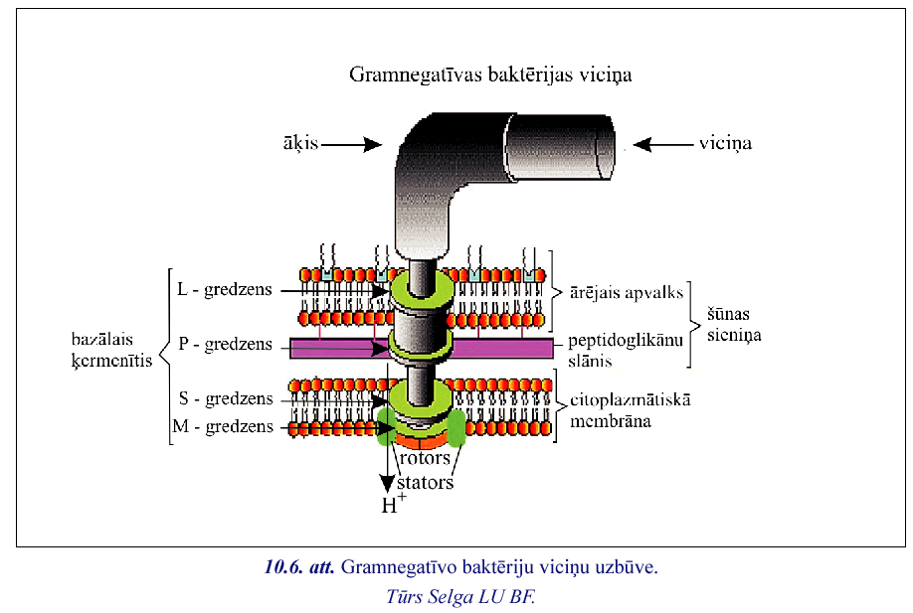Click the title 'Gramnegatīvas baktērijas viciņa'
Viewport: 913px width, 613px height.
point(490,75)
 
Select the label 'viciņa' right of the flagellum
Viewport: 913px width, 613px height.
point(724,144)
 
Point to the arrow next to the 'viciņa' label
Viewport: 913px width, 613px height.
point(662,144)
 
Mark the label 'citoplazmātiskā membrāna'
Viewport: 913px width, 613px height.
point(630,410)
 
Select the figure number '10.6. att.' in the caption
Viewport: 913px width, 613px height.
point(298,568)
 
